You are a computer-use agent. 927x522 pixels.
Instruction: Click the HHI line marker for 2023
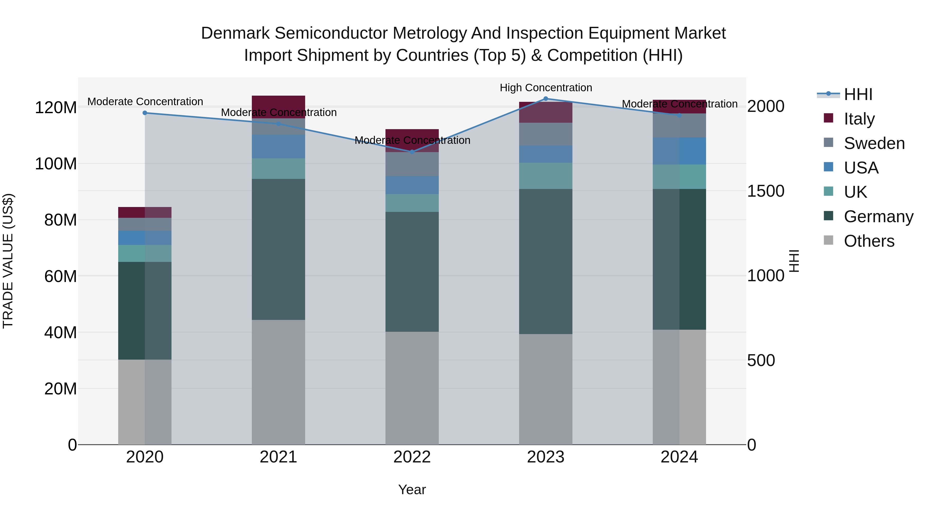point(546,99)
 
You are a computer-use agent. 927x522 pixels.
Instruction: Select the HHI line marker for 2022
point(412,152)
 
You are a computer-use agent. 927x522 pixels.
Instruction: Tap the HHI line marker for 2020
point(145,113)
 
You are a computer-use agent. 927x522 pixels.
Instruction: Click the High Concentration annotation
point(546,88)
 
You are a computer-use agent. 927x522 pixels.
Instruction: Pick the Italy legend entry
point(859,119)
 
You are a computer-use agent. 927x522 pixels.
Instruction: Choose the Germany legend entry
point(878,217)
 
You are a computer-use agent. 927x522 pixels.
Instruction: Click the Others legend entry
point(869,241)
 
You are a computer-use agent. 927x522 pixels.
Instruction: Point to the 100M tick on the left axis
point(56,164)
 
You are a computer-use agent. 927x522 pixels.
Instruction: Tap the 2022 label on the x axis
point(412,457)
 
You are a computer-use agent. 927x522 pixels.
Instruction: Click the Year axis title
point(412,490)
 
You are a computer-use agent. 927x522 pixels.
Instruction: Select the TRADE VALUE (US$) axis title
point(8,261)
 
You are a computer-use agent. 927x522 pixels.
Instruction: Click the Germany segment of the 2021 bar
point(278,249)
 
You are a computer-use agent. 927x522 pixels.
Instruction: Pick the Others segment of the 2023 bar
point(546,389)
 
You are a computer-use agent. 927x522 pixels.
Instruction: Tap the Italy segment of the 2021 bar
point(278,107)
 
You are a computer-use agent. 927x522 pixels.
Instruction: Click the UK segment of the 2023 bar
point(546,176)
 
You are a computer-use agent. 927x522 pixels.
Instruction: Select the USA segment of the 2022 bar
point(412,185)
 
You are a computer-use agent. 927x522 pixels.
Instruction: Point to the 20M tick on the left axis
point(61,389)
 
